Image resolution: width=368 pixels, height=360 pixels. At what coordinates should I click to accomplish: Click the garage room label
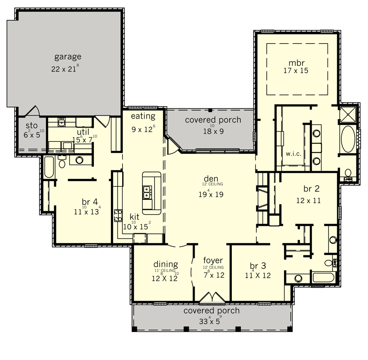click(68, 57)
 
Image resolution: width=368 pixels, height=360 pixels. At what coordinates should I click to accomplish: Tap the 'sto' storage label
click(32, 126)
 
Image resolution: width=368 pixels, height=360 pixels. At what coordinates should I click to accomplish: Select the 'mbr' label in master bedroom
click(296, 63)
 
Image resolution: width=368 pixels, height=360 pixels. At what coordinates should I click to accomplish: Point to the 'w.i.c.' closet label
click(293, 154)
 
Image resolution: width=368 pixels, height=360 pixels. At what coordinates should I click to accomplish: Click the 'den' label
click(211, 179)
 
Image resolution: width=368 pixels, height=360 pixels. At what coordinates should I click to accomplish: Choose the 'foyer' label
click(213, 261)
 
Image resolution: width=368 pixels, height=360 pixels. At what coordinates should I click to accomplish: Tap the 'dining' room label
click(166, 264)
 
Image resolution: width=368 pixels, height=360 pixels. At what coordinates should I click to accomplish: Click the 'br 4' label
click(90, 202)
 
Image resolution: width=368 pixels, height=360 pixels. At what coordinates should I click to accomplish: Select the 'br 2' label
click(311, 189)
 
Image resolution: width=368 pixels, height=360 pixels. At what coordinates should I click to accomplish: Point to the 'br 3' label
click(258, 266)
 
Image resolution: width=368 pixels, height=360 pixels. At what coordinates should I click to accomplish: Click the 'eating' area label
click(143, 116)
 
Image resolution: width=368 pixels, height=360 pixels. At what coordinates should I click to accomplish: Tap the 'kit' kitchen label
click(134, 217)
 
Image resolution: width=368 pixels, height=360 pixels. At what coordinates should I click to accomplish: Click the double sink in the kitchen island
click(147, 192)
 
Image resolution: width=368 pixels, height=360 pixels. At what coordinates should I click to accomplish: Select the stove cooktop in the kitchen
click(118, 216)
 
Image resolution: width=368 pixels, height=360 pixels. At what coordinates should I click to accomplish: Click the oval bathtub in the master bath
click(348, 139)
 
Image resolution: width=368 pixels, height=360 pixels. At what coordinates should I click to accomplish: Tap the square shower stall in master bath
click(348, 114)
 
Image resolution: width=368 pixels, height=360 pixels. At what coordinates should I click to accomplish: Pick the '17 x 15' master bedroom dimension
click(296, 70)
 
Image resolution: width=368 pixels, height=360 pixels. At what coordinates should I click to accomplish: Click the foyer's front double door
click(212, 297)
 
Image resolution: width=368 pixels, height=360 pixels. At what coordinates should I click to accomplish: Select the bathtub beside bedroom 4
click(49, 167)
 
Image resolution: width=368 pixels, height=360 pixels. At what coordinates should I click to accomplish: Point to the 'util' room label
click(83, 132)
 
